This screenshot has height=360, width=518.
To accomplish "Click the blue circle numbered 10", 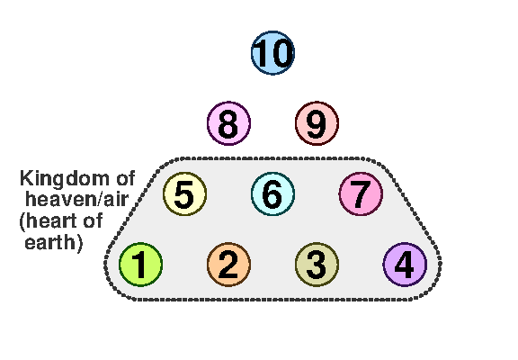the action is pyautogui.click(x=272, y=53).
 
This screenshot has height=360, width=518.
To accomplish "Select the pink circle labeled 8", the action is pyautogui.click(x=228, y=123).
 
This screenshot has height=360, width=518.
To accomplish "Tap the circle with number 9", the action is pyautogui.click(x=317, y=123).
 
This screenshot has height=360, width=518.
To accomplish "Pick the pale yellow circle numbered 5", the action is pyautogui.click(x=184, y=193).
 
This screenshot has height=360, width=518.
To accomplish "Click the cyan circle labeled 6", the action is pyautogui.click(x=272, y=193).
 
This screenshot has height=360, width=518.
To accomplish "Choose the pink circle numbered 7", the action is pyautogui.click(x=362, y=193).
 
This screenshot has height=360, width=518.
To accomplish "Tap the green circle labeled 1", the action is pyautogui.click(x=140, y=265).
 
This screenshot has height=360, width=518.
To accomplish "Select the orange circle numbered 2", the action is pyautogui.click(x=228, y=265).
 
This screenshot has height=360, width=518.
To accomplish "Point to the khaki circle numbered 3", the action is pyautogui.click(x=317, y=265).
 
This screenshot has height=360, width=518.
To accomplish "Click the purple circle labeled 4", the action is pyautogui.click(x=405, y=265).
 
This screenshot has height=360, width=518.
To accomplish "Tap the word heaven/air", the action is pyautogui.click(x=76, y=199).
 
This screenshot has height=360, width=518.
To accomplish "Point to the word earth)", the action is pyautogui.click(x=53, y=243).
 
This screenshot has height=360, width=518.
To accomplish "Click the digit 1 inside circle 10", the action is pyautogui.click(x=262, y=53).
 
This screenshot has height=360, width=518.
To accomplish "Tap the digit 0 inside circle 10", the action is pyautogui.click(x=281, y=53).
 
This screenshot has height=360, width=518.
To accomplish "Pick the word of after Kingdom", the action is pyautogui.click(x=126, y=178).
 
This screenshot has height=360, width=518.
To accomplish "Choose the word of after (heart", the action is pyautogui.click(x=93, y=220).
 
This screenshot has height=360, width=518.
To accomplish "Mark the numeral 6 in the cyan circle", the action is pyautogui.click(x=272, y=194).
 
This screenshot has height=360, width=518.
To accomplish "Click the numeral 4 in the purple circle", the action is pyautogui.click(x=404, y=265).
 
